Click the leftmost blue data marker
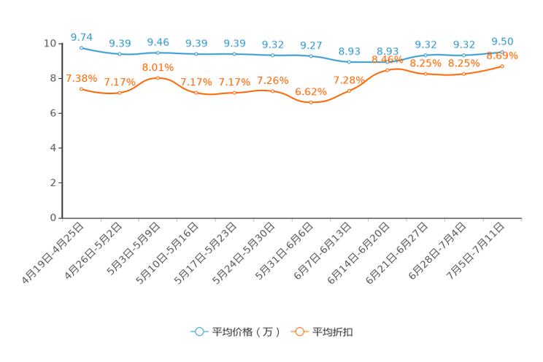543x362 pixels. click(x=81, y=47)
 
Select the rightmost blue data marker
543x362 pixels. click(x=502, y=51)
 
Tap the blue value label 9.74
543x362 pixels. click(x=81, y=36)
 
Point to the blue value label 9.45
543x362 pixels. click(x=158, y=42)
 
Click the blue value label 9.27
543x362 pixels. click(x=311, y=45)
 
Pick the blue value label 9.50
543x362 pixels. click(x=502, y=41)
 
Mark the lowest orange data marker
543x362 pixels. click(x=311, y=103)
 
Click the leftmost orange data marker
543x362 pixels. click(x=81, y=88)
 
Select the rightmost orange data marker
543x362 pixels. click(x=502, y=66)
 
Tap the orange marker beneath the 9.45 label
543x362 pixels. click(x=158, y=77)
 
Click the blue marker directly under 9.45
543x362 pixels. click(x=158, y=53)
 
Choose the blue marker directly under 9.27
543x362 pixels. click(x=311, y=56)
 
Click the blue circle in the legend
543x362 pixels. click(x=199, y=331)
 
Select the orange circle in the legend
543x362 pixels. click(x=299, y=331)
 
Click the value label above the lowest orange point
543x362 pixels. click(x=311, y=92)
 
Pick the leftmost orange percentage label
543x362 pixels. click(x=81, y=77)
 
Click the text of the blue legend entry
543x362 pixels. click(x=245, y=332)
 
